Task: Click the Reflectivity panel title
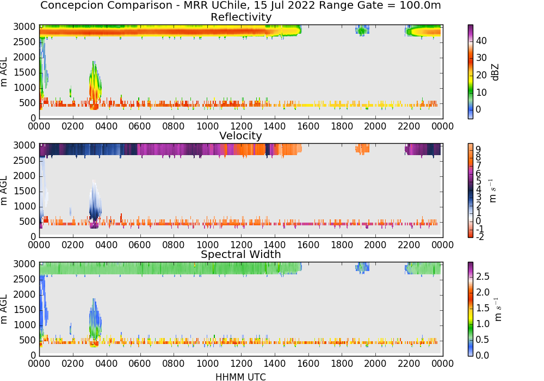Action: (x=241, y=17)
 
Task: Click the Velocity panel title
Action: (x=240, y=136)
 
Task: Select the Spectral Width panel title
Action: (x=241, y=254)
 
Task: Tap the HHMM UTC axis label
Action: (x=240, y=377)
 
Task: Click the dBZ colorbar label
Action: (x=495, y=72)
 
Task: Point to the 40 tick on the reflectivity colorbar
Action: (x=481, y=41)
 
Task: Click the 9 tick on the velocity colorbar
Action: (x=478, y=150)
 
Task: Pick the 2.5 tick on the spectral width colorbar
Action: (x=483, y=276)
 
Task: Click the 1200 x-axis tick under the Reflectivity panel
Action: (x=241, y=126)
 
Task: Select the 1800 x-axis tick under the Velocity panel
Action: (x=342, y=244)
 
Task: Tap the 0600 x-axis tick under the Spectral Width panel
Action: (x=140, y=363)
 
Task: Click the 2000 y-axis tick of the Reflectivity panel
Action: (x=24, y=57)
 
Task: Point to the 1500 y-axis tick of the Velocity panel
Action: (x=24, y=191)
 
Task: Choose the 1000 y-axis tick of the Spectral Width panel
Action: (x=24, y=325)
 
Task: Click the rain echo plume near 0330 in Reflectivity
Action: (x=94, y=85)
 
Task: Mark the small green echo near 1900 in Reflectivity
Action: (x=362, y=30)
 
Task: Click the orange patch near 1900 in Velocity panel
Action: (x=362, y=149)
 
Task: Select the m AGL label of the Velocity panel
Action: (x=4, y=190)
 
